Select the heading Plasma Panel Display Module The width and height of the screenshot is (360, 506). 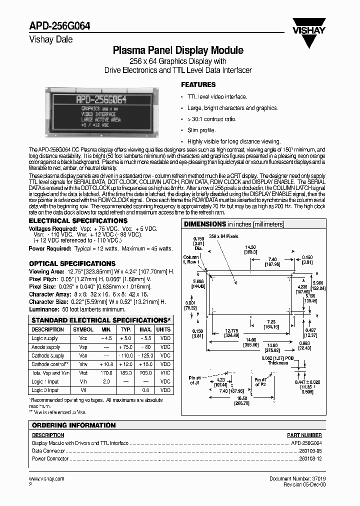[178, 50]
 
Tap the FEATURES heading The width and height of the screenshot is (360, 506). [198, 84]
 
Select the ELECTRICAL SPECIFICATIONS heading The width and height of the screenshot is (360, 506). [78, 220]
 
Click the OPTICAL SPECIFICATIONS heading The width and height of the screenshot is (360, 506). [72, 263]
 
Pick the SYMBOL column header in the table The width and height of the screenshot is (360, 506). [83, 330]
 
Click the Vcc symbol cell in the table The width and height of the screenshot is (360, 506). [83, 338]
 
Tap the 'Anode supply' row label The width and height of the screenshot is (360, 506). [46, 347]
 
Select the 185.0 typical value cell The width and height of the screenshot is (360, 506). [126, 372]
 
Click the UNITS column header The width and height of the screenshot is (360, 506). [163, 330]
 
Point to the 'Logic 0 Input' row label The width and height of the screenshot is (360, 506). [45, 389]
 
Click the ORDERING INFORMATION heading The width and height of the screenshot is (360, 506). [73, 425]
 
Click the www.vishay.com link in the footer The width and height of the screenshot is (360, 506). [47, 478]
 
